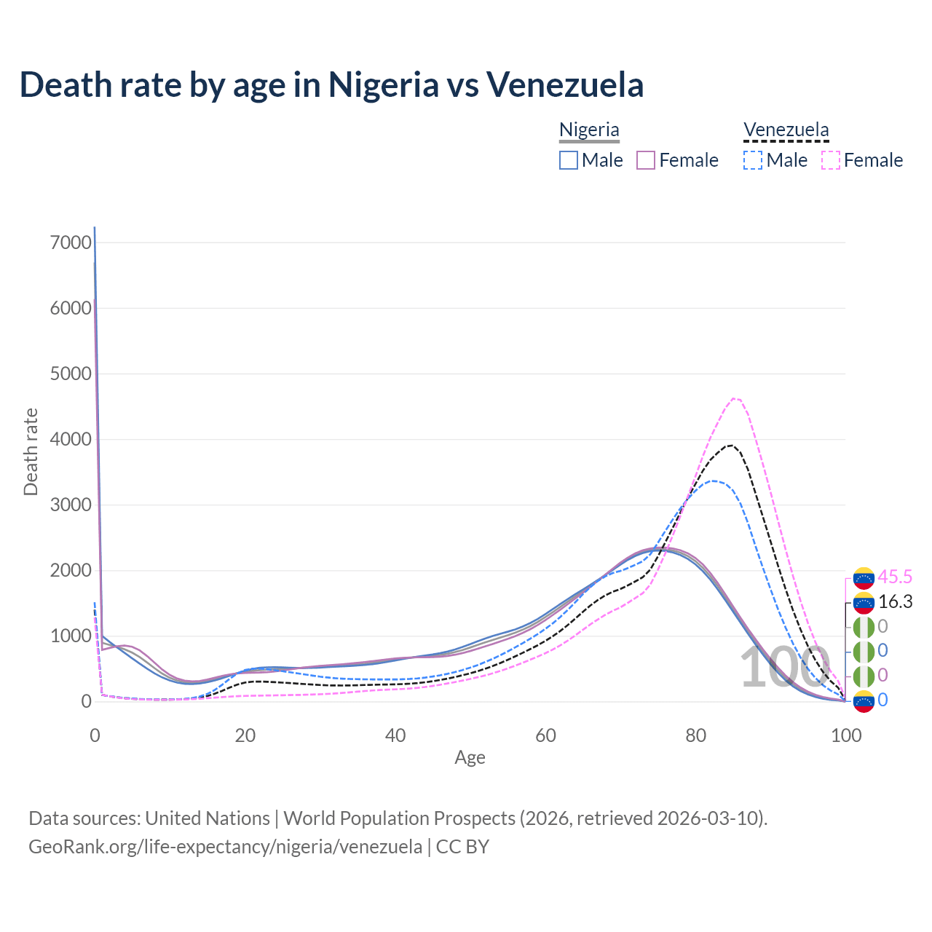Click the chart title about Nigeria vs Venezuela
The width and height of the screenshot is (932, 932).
click(331, 84)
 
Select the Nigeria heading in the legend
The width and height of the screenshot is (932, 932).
click(589, 130)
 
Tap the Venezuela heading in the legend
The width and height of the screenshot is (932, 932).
click(786, 130)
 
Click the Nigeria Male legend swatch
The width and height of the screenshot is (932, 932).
click(569, 160)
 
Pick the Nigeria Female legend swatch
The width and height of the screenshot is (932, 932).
click(647, 160)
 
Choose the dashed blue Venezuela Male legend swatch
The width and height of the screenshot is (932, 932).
click(753, 160)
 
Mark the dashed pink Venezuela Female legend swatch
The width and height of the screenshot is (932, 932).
click(831, 160)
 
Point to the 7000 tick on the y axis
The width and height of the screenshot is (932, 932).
click(71, 242)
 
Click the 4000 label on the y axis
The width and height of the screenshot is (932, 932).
click(71, 439)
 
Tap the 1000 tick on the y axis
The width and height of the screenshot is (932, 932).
click(71, 636)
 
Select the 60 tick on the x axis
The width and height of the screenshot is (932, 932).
click(545, 735)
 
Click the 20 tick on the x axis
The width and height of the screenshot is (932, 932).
click(245, 735)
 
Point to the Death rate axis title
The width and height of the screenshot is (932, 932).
click(31, 451)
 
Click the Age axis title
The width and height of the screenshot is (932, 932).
click(470, 757)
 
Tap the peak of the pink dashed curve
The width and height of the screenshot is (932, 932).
click(735, 398)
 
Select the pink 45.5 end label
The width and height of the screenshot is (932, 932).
click(895, 577)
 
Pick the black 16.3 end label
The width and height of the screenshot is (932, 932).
click(895, 601)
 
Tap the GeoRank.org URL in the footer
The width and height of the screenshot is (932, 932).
click(225, 847)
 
